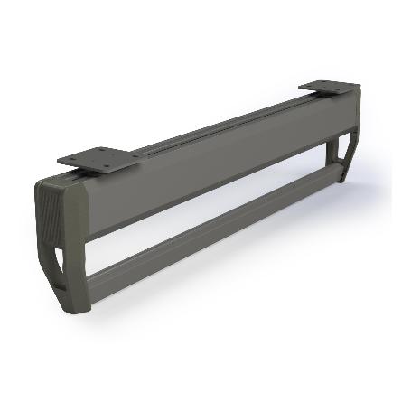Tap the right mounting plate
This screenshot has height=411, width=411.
(x=329, y=88)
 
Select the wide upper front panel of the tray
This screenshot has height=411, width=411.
(x=217, y=163)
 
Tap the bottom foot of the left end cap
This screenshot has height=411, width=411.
(x=78, y=304)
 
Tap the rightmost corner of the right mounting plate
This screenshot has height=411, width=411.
(x=360, y=87)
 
